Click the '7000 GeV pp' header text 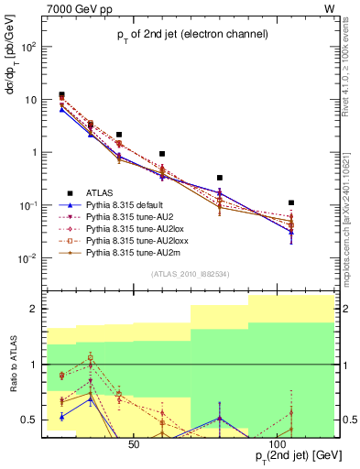[x=78, y=7]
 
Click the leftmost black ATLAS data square [x=61, y=94]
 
